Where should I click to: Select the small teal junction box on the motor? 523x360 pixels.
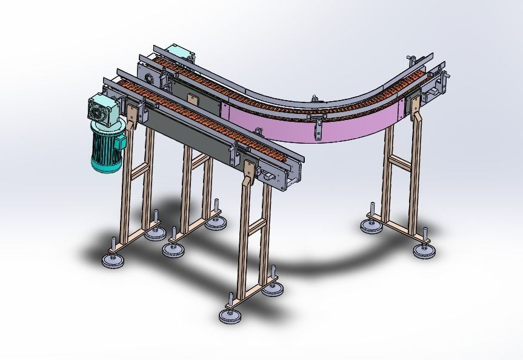(x=121, y=141)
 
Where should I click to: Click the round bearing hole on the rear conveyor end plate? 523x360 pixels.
(x=150, y=78)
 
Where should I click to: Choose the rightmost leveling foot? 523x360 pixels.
(x=423, y=249)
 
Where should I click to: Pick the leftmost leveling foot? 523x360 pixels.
(x=113, y=259)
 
